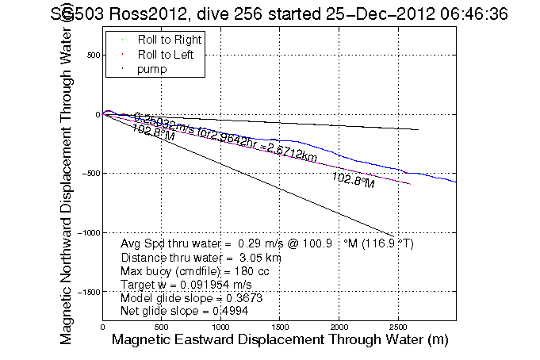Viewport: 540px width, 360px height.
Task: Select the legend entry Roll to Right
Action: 169,40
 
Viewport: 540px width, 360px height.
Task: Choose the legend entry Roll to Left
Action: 167,55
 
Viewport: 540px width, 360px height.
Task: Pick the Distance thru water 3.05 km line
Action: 201,258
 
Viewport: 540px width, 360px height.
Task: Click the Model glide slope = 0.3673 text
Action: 191,297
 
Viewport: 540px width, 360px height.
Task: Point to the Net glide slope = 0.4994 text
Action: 186,310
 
